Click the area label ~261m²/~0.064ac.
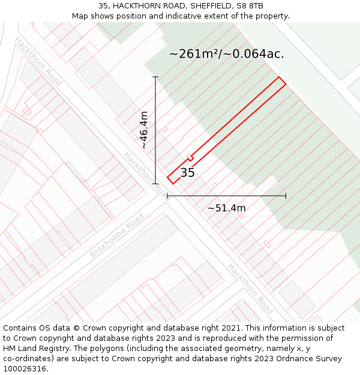click(226, 53)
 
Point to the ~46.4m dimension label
click(144, 130)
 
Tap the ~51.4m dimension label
click(226, 208)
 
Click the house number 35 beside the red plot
click(187, 173)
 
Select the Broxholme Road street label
click(117, 235)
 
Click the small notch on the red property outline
click(190, 158)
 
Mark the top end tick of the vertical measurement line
click(155, 77)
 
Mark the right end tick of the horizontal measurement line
click(286, 196)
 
